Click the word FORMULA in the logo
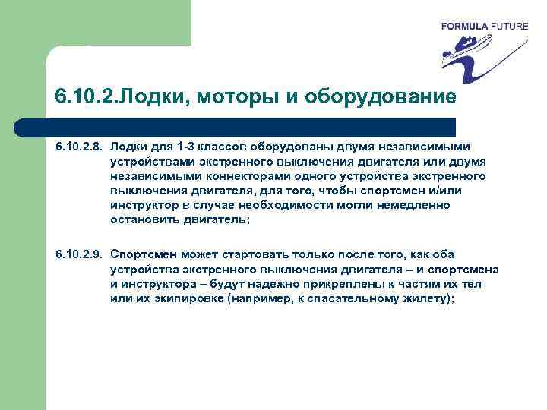pos(465,26)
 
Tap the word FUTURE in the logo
pos(508,26)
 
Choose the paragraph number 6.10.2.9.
pos(79,254)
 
